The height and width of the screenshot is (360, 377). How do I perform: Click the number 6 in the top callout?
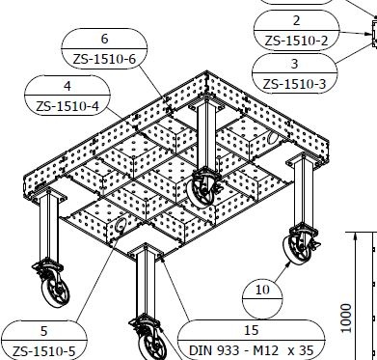104,40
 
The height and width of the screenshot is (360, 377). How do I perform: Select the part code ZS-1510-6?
104,60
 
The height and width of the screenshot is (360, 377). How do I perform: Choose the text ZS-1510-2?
296,41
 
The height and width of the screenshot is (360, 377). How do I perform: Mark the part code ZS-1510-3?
296,83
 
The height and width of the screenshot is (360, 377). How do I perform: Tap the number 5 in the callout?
44,329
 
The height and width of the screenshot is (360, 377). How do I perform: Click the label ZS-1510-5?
44,349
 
